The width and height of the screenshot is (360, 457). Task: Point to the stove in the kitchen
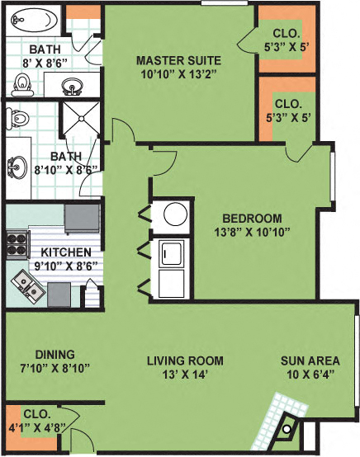(x=17, y=243)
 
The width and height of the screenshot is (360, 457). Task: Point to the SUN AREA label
(x=310, y=360)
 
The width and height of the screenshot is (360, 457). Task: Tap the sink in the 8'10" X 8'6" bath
(x=16, y=168)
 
